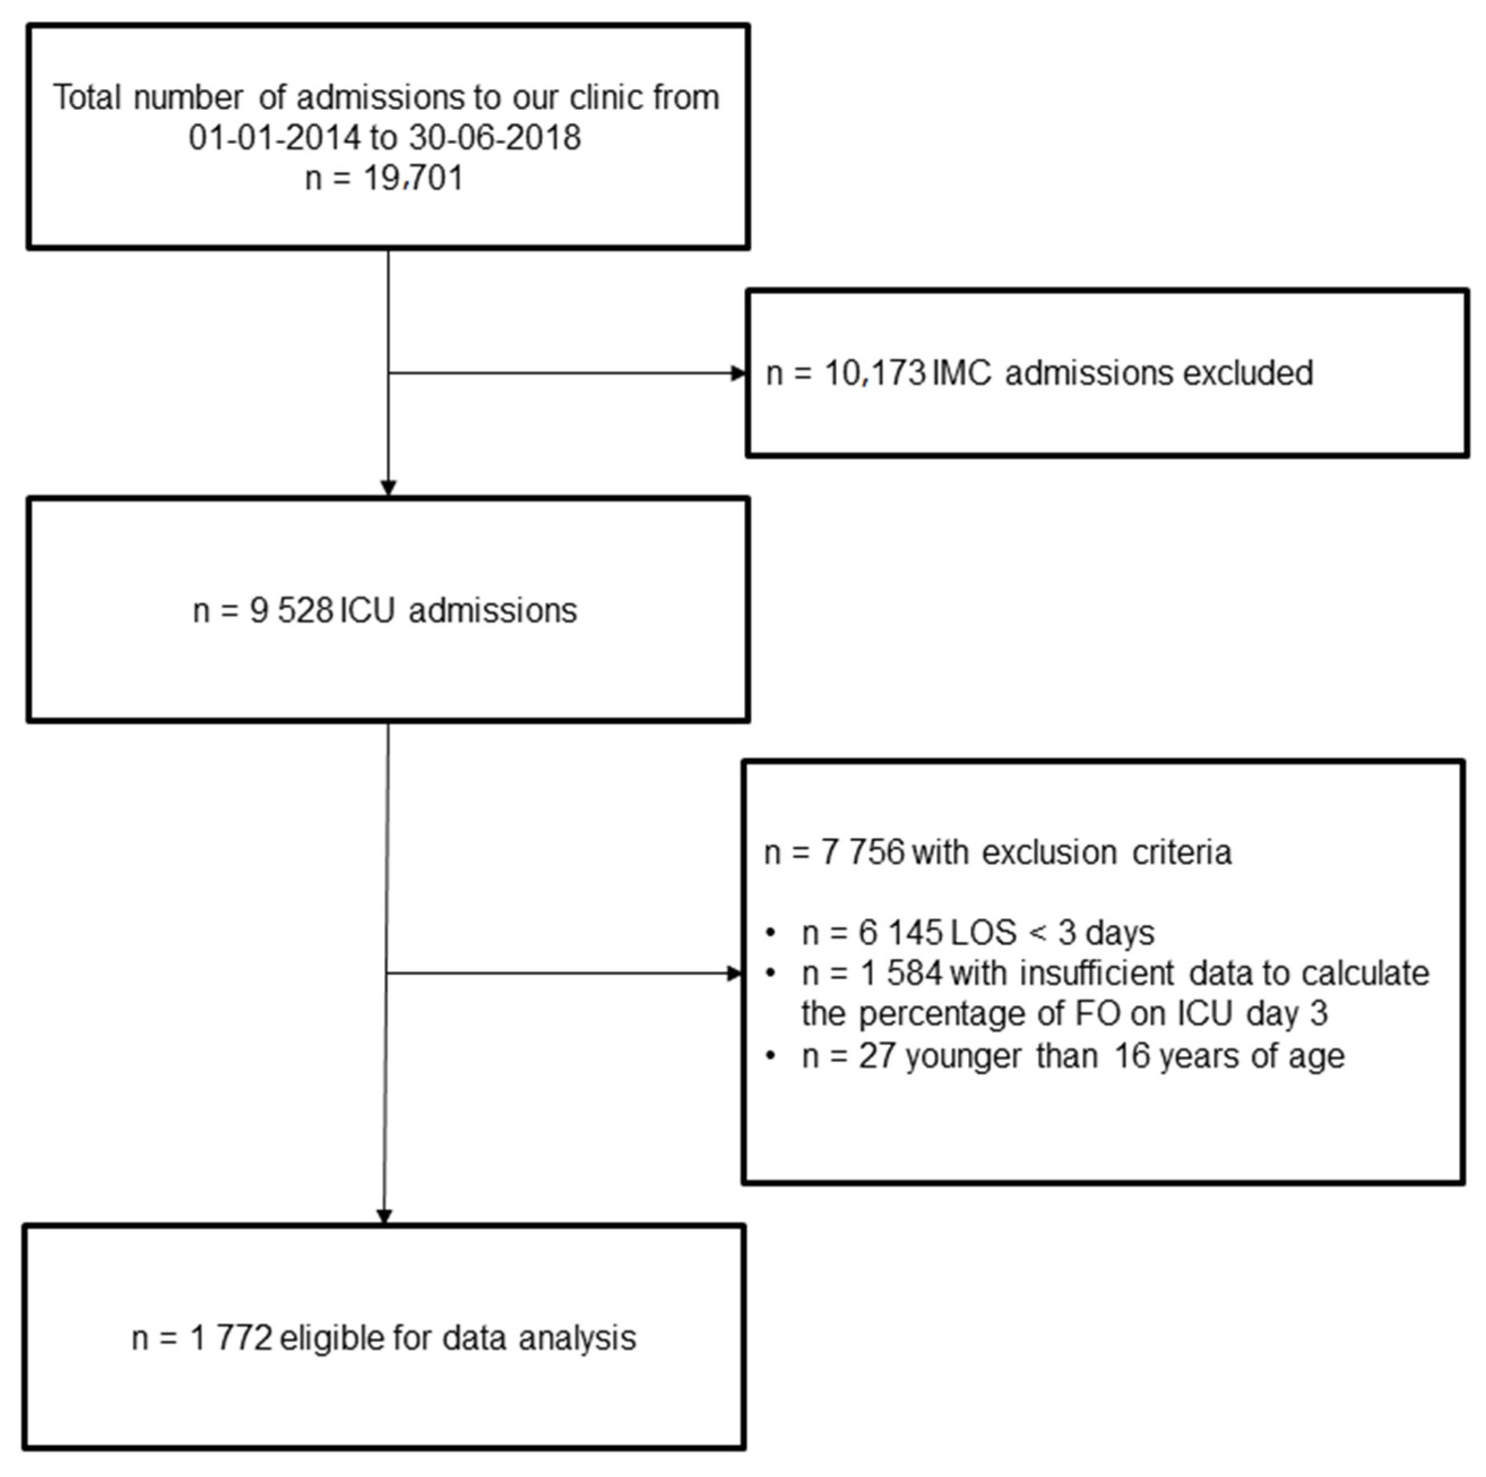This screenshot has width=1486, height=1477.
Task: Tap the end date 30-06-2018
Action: tap(495, 137)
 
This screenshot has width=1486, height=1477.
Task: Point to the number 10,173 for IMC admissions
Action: tap(875, 374)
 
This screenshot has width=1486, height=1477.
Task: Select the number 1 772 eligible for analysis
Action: tap(231, 1338)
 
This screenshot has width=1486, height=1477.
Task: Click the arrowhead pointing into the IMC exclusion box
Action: tap(738, 374)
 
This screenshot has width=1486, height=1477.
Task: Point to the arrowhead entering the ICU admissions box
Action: tap(388, 489)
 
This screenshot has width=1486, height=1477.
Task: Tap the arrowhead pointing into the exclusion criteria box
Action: tap(735, 974)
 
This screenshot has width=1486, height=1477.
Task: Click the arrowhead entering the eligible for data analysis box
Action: tap(385, 1216)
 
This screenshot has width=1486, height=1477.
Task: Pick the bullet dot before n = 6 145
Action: tap(771, 934)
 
